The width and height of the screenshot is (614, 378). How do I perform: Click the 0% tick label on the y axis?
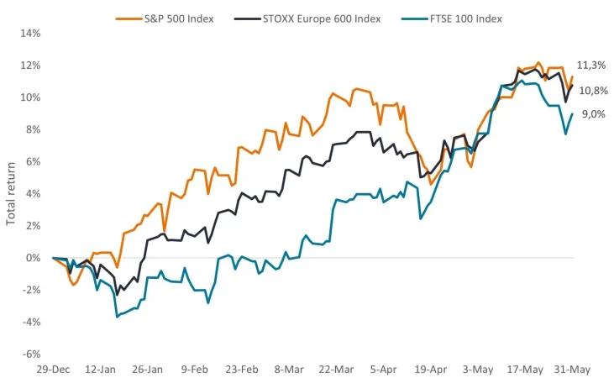(33, 258)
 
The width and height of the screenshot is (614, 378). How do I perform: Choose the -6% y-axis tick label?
(31, 354)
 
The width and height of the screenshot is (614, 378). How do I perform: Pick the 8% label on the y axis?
(33, 129)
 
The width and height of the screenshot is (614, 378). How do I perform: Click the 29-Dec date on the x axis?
(52, 369)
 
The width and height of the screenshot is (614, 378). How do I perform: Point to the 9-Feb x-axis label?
(194, 369)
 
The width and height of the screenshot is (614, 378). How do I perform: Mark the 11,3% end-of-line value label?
(591, 66)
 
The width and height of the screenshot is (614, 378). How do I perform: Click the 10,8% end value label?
(592, 91)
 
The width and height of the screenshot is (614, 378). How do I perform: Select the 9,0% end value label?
(593, 115)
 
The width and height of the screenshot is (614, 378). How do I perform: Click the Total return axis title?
(11, 193)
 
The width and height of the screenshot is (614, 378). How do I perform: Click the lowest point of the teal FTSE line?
(117, 317)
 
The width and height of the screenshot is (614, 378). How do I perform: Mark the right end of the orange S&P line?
(573, 76)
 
